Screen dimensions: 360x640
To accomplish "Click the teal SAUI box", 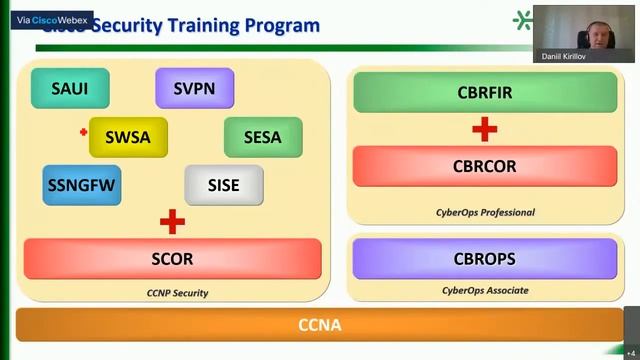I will point(70,88).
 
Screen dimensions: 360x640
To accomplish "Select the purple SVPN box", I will point(194,88).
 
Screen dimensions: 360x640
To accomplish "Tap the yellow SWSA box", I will point(127,137).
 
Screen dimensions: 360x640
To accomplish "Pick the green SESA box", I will point(263,137).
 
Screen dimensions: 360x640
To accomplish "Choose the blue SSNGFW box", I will point(83,185).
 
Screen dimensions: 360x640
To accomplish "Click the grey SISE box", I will point(224,185).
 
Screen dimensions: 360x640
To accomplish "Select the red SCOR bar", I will point(172,259).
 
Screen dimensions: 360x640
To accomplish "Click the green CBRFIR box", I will point(485,93).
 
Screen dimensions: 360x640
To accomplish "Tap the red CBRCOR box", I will point(485,166).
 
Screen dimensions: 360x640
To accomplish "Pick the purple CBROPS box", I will point(485,259).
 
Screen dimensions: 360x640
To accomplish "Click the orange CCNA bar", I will point(320,325).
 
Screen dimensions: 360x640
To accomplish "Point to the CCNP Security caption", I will point(177,293).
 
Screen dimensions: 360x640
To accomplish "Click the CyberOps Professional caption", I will point(485,212).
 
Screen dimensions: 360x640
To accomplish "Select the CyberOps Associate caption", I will point(485,290).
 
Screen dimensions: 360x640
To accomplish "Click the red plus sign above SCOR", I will point(172,221).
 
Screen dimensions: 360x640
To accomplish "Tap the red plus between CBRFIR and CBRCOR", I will point(485,129).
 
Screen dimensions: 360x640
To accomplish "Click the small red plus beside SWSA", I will point(84,131).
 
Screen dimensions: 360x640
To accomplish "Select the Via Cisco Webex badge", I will point(52,19).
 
